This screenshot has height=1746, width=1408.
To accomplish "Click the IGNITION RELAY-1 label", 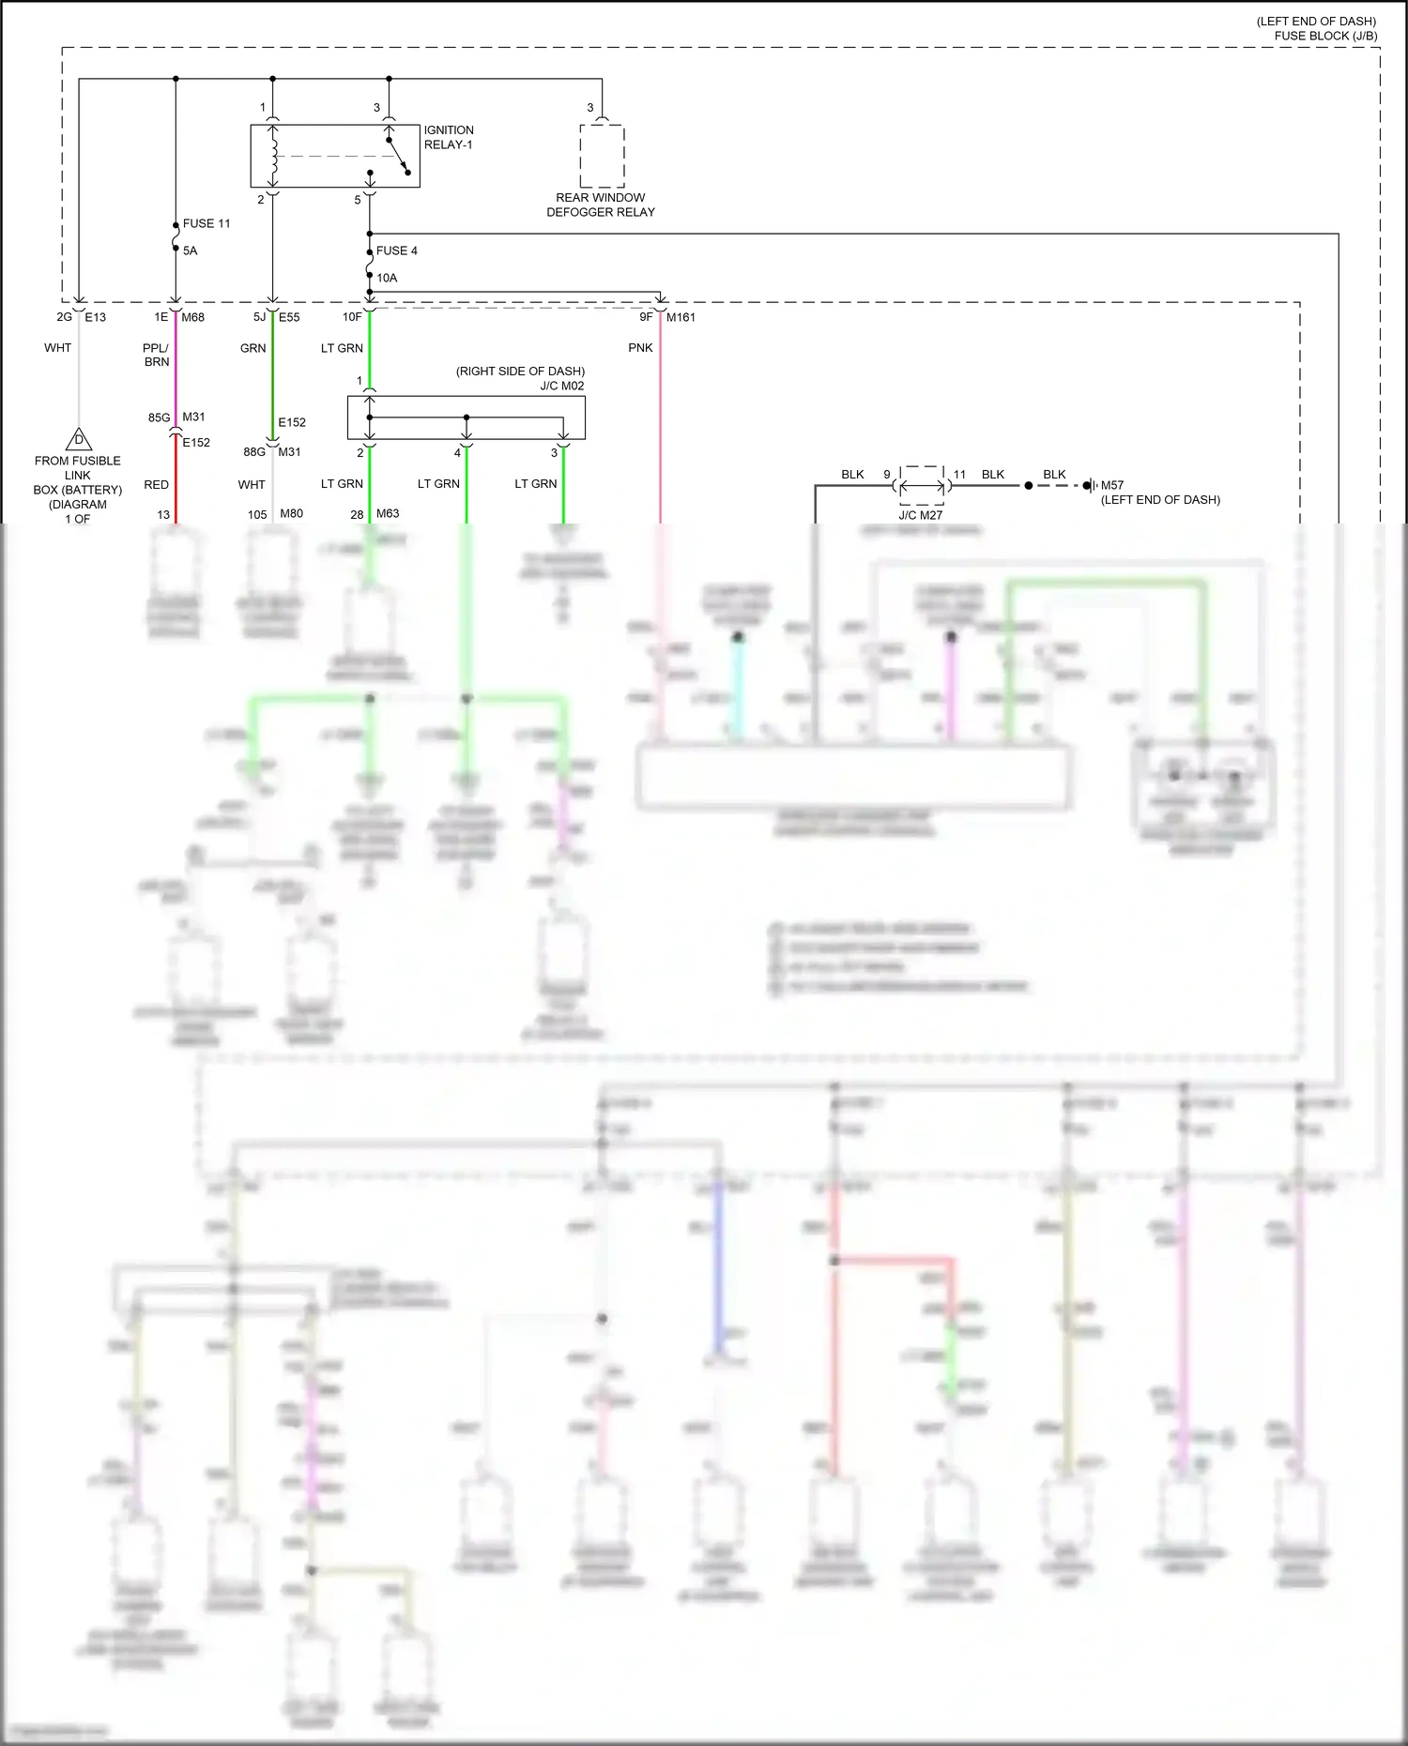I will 448,137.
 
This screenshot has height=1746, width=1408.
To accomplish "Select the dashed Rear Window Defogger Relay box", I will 602,156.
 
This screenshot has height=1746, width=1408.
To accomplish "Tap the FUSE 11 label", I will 206,223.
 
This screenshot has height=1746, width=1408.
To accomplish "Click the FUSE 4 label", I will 396,251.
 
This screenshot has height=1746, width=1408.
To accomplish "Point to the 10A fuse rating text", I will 387,278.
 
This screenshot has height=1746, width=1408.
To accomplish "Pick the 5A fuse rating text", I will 190,251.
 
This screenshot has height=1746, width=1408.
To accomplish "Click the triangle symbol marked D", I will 79,439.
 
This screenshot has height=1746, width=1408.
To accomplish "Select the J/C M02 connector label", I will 561,386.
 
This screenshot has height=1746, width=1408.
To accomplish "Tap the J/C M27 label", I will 920,515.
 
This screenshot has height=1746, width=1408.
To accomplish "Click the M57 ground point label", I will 1111,485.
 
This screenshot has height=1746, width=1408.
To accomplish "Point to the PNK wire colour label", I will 640,347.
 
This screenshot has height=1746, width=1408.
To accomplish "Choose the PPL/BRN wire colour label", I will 156,355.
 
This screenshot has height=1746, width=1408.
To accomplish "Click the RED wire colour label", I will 156,484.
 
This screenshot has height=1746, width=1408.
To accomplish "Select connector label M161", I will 681,317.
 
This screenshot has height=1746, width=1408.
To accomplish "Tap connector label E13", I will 95,317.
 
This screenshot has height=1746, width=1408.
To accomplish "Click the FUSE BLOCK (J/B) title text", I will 1325,36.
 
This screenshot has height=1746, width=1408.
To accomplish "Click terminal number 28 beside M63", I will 357,514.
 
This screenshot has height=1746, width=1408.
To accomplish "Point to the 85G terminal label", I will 159,418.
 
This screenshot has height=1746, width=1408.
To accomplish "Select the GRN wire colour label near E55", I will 253,347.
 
